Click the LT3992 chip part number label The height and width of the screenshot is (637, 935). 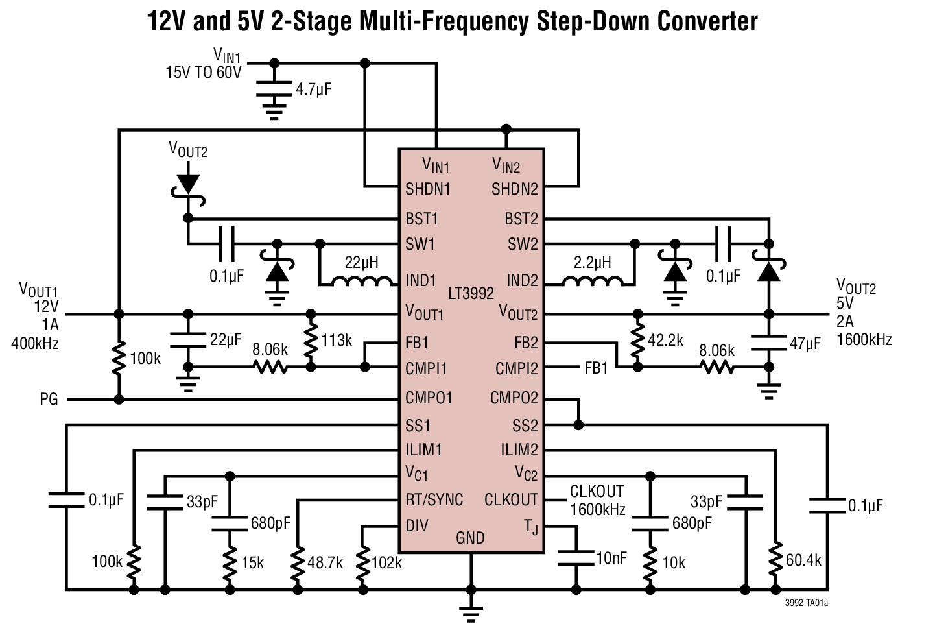pyautogui.click(x=471, y=293)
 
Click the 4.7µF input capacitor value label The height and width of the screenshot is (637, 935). pyautogui.click(x=313, y=89)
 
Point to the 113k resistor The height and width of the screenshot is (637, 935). pyautogui.click(x=311, y=341)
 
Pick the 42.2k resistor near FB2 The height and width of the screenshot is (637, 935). pyautogui.click(x=637, y=341)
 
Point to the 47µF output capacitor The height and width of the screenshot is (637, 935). pyautogui.click(x=769, y=343)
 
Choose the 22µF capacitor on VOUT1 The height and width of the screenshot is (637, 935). pyautogui.click(x=189, y=340)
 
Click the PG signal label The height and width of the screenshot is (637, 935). pyautogui.click(x=49, y=400)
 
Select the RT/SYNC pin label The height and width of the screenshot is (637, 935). pyautogui.click(x=434, y=500)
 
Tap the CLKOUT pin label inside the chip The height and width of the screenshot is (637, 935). pyautogui.click(x=511, y=500)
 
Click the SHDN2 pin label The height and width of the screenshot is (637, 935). pyautogui.click(x=515, y=189)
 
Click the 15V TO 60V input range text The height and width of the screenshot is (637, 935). pyautogui.click(x=203, y=72)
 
